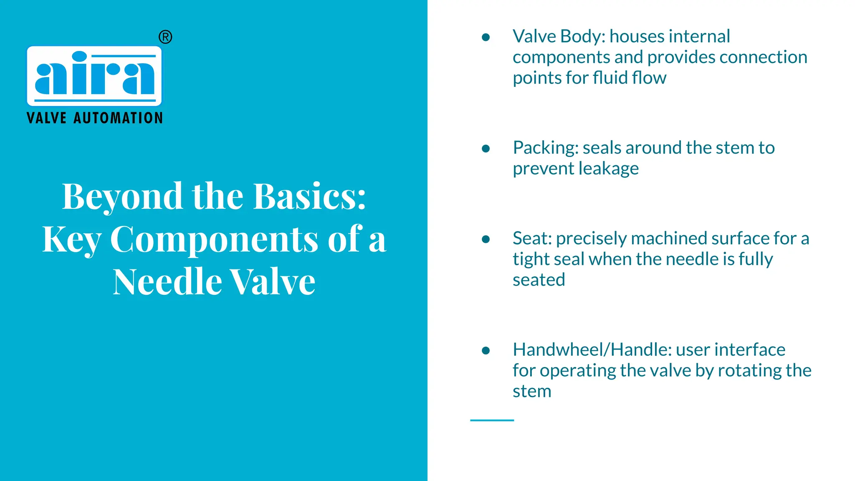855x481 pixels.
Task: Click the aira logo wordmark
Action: pos(94,75)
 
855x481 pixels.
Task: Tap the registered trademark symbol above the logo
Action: pos(165,37)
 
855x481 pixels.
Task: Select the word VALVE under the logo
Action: pos(46,118)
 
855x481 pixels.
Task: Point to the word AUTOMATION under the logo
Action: pos(118,118)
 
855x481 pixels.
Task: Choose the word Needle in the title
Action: pos(167,282)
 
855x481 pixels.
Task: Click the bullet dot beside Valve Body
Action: pos(486,37)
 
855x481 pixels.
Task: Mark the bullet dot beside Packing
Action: pos(486,148)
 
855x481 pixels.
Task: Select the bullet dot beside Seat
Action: pos(486,239)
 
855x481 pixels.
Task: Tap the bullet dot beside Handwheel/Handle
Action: pos(486,350)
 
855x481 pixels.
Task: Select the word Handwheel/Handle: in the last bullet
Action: pos(592,350)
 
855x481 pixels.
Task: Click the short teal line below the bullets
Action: pos(492,420)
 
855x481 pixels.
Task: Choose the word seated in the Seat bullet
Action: pos(539,280)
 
